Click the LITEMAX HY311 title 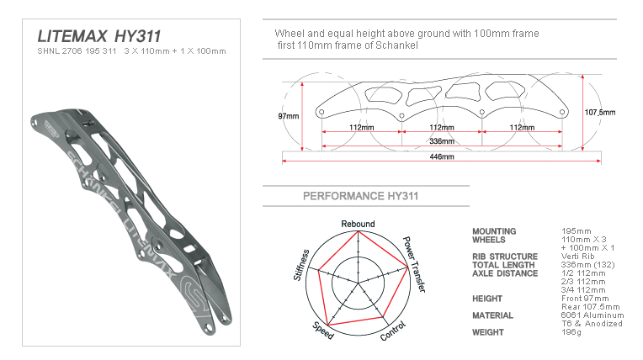click(x=99, y=36)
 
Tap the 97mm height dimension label click(x=289, y=116)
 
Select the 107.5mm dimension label click(x=600, y=113)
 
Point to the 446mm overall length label click(x=442, y=156)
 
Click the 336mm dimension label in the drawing click(x=442, y=141)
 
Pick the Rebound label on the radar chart click(x=358, y=224)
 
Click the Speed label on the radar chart click(x=323, y=331)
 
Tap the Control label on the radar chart click(x=393, y=331)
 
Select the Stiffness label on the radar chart click(x=301, y=265)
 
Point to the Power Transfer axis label click(x=414, y=264)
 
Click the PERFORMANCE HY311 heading click(x=360, y=196)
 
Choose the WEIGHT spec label click(x=487, y=332)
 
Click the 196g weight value click(x=571, y=332)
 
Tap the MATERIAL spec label click(x=492, y=315)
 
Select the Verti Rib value click(x=578, y=257)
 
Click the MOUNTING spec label click(x=494, y=231)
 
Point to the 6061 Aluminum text click(x=593, y=315)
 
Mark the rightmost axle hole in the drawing click(x=562, y=112)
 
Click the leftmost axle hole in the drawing click(x=321, y=112)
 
